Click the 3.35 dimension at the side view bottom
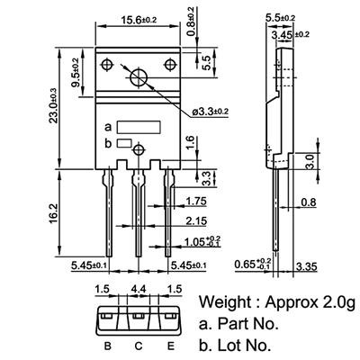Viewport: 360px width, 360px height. pyautogui.click(x=331, y=267)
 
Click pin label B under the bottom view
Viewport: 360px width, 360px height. pyautogui.click(x=107, y=345)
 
